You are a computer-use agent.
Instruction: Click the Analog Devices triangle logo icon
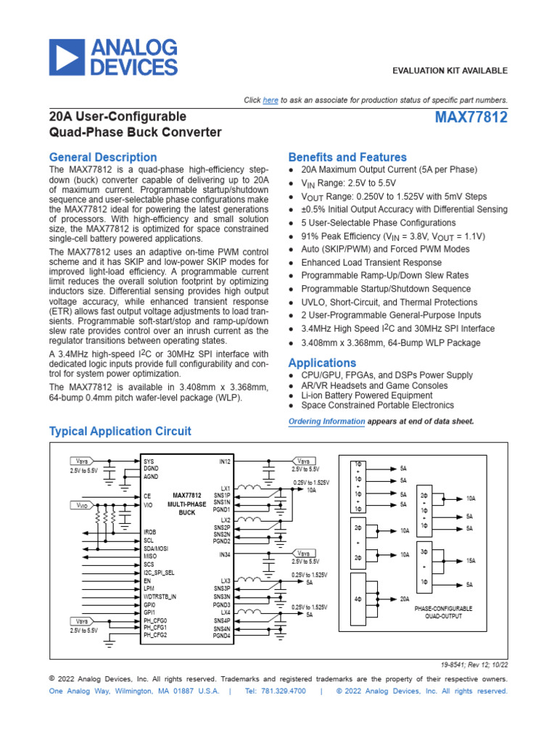(x=68, y=57)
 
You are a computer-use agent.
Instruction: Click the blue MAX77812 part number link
(x=471, y=118)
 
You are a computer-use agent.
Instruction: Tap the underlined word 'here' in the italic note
(x=270, y=100)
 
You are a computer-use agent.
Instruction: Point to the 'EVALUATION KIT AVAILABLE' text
(x=450, y=70)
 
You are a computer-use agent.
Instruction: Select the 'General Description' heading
(x=102, y=157)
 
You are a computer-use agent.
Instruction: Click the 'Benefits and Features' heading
(x=347, y=157)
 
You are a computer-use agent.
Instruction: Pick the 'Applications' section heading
(x=322, y=363)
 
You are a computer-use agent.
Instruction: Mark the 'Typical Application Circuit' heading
(x=120, y=431)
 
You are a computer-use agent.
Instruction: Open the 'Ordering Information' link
(x=326, y=422)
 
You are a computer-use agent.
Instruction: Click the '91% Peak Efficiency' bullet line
(x=392, y=237)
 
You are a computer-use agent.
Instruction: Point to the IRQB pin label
(x=150, y=532)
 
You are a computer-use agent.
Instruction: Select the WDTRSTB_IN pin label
(x=160, y=596)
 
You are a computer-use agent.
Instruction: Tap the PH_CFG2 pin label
(x=155, y=636)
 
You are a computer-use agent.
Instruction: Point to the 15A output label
(x=471, y=561)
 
